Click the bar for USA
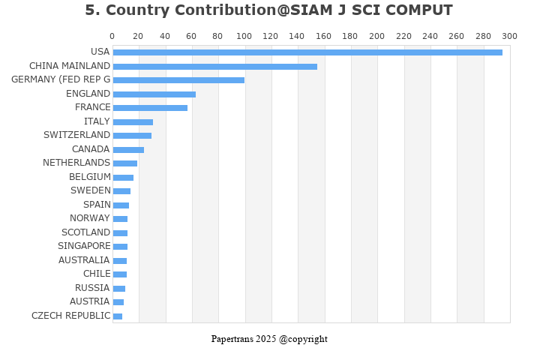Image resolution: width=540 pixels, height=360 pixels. click(307, 52)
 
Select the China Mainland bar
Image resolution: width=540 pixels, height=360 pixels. click(214, 67)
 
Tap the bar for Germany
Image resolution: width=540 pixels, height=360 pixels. click(178, 80)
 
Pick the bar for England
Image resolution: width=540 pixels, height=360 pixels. click(154, 94)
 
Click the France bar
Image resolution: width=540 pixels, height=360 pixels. click(150, 108)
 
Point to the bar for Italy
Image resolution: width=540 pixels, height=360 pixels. click(133, 122)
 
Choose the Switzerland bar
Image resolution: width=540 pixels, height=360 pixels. click(132, 136)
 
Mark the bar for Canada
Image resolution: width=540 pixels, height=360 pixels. click(128, 150)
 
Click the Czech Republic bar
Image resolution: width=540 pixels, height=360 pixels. click(118, 316)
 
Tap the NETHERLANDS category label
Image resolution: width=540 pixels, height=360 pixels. click(76, 163)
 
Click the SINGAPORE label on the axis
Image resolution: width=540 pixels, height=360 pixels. click(84, 246)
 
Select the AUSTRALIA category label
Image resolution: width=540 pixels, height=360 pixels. click(84, 260)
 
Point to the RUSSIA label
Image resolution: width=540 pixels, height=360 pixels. click(92, 288)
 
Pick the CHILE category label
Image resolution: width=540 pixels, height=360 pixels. click(97, 274)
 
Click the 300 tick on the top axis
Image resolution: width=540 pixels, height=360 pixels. click(509, 36)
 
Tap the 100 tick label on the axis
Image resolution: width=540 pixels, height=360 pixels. click(244, 36)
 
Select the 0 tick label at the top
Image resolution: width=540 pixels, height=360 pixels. click(112, 36)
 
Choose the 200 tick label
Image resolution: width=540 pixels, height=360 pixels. click(377, 36)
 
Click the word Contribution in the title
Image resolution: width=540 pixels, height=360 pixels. click(212, 10)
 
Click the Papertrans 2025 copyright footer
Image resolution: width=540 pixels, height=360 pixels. click(269, 339)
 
